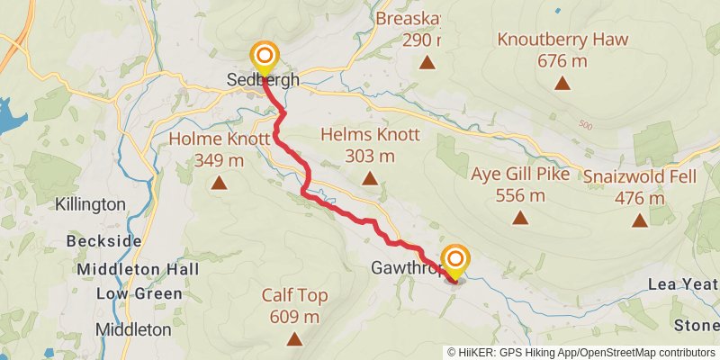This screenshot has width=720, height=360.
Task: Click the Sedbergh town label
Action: (263, 82)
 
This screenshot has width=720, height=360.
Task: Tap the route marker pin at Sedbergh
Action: (264, 58)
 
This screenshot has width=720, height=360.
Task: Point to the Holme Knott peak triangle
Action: (219, 184)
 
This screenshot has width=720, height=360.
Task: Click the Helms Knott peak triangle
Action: (369, 178)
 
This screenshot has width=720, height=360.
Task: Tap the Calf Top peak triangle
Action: (294, 338)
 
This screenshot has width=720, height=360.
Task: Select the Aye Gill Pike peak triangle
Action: (519, 217)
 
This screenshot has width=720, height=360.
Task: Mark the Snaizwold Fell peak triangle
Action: (639, 220)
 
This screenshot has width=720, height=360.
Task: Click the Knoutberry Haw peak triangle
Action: (562, 83)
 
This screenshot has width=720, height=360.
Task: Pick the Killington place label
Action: (90, 204)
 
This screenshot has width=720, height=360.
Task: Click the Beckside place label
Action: (103, 241)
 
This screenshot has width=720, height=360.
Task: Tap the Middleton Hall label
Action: (130, 269)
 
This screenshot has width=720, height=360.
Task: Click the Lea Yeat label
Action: (683, 284)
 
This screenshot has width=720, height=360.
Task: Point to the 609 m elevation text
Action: (294, 317)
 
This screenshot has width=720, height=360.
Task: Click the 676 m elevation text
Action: (562, 60)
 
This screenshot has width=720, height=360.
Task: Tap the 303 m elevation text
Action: (369, 156)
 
